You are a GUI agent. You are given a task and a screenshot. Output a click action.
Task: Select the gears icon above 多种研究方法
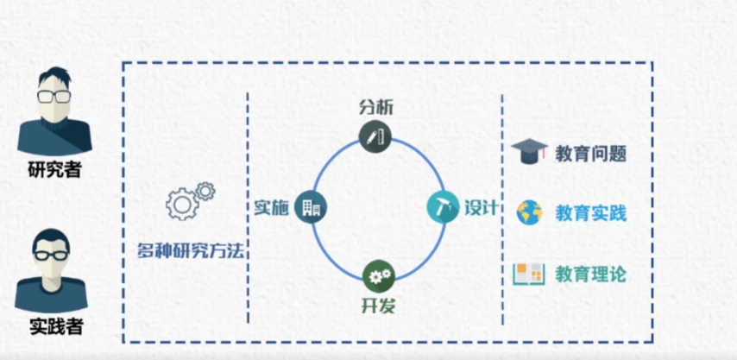point(189,200)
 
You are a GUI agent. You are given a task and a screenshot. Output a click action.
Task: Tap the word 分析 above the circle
point(376,107)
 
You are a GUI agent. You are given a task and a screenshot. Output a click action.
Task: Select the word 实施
point(270,207)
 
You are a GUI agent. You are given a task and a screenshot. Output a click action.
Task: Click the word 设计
point(481,208)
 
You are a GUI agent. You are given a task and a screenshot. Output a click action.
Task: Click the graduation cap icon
point(529,154)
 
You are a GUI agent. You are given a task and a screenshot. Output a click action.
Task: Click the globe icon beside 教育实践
point(529,212)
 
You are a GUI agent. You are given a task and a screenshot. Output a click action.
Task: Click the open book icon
point(529,274)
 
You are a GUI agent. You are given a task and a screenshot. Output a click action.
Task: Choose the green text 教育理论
point(590,275)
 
